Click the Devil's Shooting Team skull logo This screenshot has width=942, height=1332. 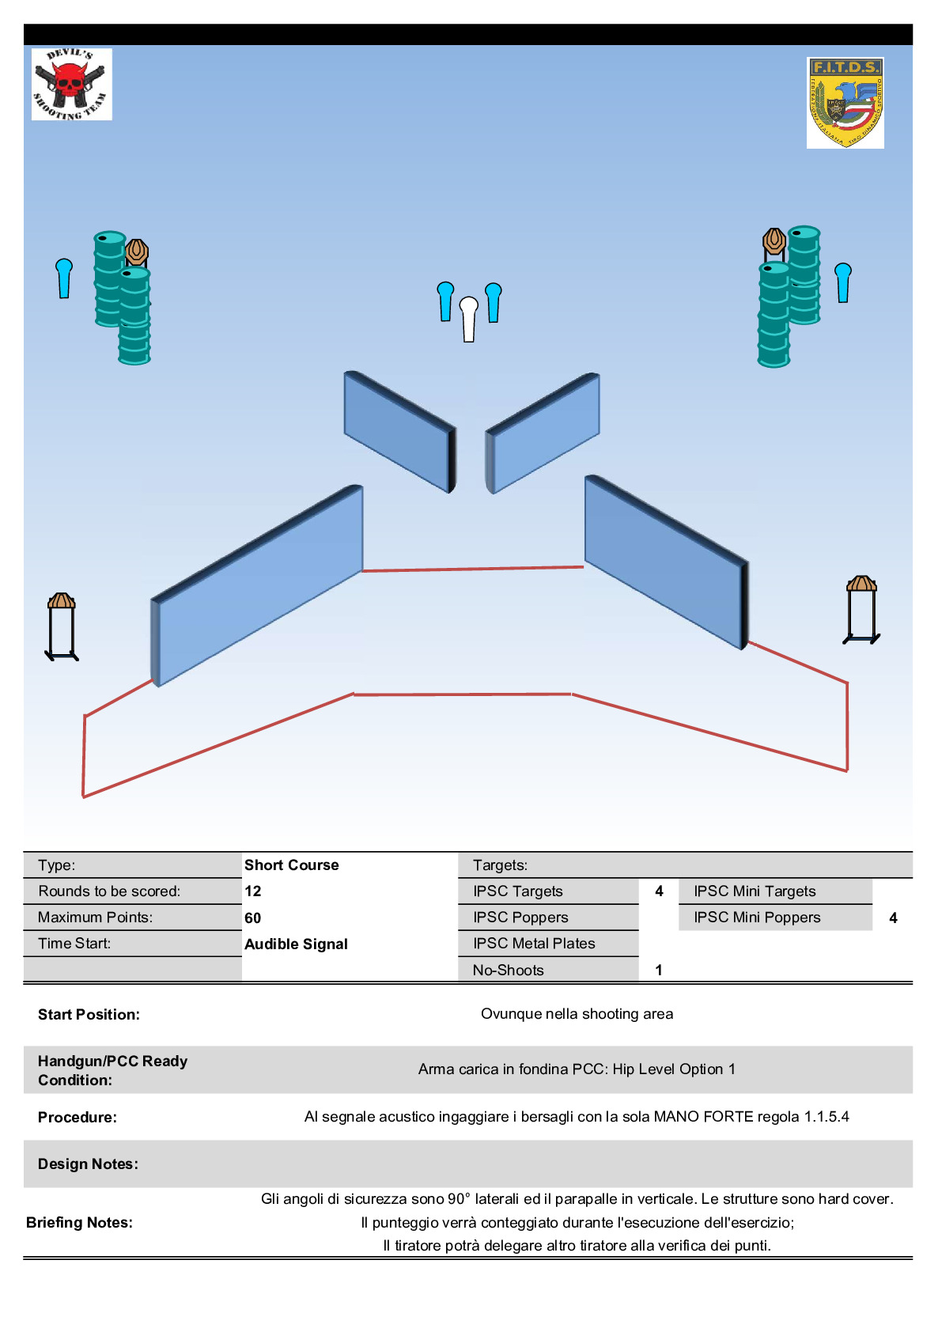(71, 85)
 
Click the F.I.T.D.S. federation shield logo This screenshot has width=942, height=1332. (845, 103)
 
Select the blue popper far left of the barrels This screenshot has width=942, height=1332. (64, 278)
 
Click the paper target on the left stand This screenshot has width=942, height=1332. (62, 602)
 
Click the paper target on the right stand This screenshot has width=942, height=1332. (861, 585)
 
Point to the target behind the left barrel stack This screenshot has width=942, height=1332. (138, 251)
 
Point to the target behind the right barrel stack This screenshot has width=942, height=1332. (774, 240)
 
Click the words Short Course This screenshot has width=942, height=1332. (291, 865)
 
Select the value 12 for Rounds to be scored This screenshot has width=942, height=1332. (253, 891)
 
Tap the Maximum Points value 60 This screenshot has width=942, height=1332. (253, 918)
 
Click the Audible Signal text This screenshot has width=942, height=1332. (296, 944)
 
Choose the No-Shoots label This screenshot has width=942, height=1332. (508, 971)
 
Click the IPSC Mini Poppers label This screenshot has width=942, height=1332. (757, 918)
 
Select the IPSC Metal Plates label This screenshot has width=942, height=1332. (534, 944)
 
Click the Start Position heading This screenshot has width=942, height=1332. (89, 1015)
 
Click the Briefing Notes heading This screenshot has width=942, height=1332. (79, 1223)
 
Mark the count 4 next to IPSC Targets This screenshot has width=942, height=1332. (659, 891)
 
